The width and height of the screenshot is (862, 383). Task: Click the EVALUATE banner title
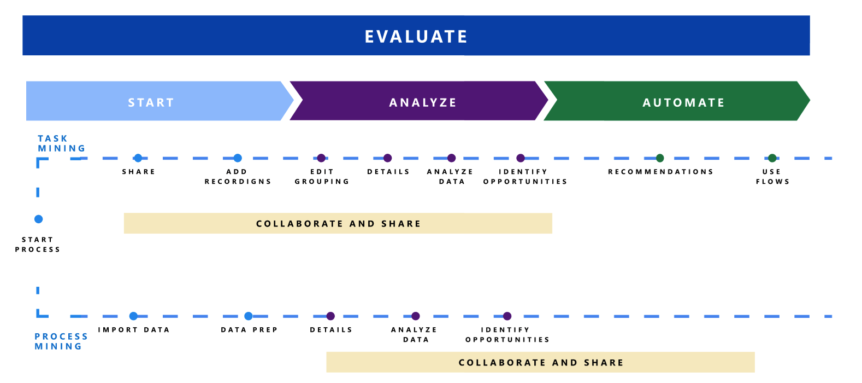416,36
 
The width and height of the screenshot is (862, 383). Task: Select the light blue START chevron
151,102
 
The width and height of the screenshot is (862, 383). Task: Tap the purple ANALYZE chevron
422,102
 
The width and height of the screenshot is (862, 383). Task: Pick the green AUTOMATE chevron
683,102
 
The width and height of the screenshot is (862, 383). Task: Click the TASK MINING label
61,143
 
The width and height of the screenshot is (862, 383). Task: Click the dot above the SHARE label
138,158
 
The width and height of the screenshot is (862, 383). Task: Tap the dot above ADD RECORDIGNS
238,158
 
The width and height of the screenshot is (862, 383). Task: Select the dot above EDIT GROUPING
321,158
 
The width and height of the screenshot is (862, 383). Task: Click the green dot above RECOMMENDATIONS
660,158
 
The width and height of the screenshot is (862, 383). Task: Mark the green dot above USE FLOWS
772,158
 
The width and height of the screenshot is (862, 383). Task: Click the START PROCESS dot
38,219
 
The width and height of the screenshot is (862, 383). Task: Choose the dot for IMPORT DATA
133,316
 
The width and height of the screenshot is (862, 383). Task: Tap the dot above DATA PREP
249,316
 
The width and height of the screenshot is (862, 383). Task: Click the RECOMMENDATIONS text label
660,172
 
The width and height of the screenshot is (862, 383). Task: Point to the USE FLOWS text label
772,177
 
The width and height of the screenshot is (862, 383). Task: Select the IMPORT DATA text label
134,330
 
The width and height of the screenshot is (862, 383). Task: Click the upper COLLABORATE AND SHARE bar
338,223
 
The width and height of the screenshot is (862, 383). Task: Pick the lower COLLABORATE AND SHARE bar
540,362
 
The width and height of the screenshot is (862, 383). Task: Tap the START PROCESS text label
38,245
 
